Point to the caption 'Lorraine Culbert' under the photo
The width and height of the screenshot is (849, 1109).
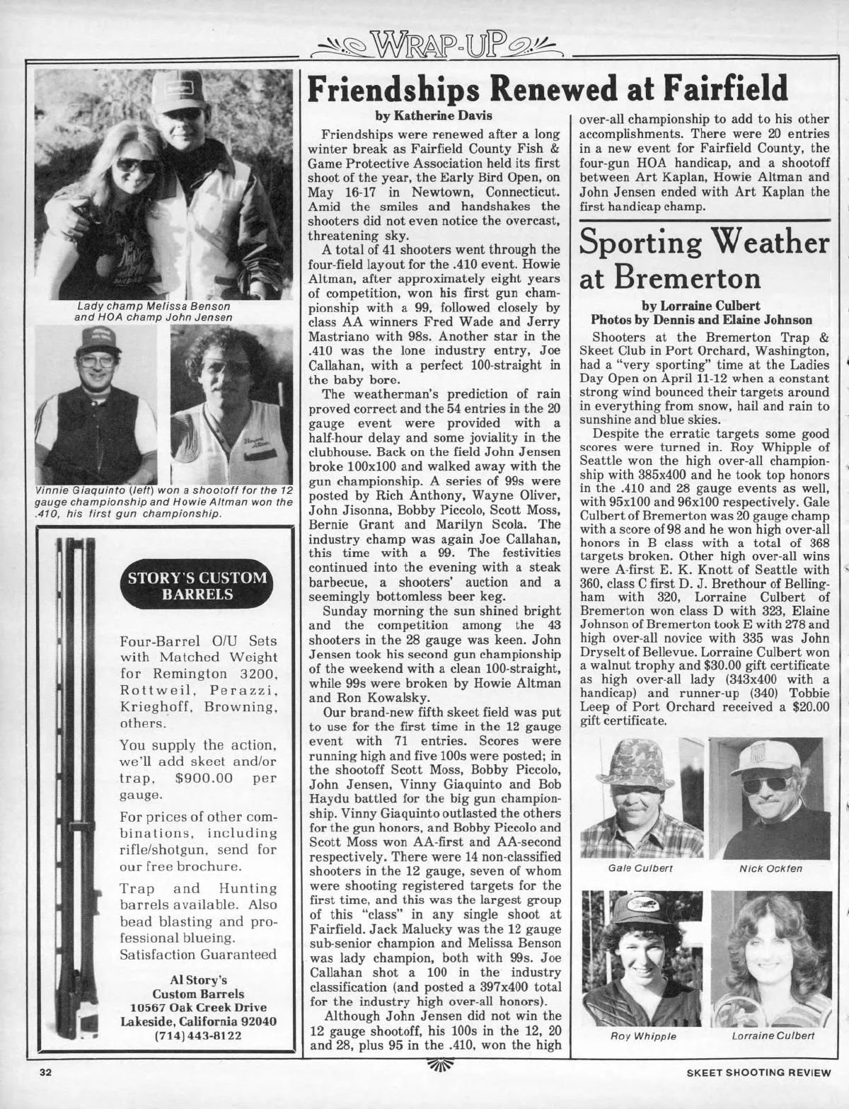[767, 1035]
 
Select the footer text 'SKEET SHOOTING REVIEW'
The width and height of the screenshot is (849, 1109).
[758, 1072]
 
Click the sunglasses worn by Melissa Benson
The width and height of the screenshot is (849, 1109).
[137, 165]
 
